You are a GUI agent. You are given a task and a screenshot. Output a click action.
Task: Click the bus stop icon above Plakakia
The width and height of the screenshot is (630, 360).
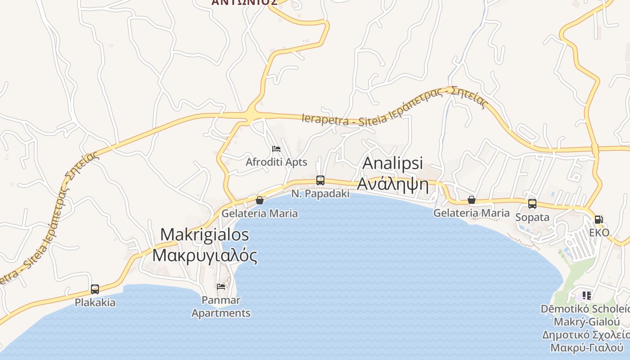tap(95, 289)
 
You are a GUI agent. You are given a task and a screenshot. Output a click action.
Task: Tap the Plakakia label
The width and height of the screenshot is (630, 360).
tap(95, 302)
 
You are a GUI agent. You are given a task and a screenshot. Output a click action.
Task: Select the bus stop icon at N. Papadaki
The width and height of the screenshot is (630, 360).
tap(320, 180)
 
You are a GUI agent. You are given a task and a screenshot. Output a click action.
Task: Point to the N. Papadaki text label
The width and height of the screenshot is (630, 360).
tap(320, 193)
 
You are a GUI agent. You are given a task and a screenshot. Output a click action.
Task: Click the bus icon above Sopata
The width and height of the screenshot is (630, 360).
tap(532, 204)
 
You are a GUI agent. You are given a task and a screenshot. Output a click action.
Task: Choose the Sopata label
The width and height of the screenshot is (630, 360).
tap(532, 217)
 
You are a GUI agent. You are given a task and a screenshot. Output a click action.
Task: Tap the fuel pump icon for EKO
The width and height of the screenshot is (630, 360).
tap(598, 220)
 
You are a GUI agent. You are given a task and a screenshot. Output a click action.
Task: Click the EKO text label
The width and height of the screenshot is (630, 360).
tap(599, 233)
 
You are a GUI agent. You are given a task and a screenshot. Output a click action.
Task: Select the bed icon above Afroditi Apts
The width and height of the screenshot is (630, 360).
tap(276, 149)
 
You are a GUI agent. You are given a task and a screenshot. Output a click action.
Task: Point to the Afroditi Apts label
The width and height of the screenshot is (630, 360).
tap(276, 162)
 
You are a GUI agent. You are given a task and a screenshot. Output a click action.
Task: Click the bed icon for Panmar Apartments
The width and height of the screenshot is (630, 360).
tap(221, 286)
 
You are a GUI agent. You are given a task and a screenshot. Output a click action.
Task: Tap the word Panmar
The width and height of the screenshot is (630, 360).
tap(221, 300)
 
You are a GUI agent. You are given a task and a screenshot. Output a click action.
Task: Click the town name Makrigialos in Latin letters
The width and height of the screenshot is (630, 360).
tap(205, 234)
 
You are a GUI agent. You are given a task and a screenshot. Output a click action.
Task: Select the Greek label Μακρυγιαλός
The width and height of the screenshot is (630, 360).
tap(205, 255)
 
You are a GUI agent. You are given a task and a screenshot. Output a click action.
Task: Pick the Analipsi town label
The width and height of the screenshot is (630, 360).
tap(393, 163)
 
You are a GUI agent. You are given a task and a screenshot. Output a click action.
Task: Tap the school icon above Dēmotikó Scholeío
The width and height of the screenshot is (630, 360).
tap(586, 296)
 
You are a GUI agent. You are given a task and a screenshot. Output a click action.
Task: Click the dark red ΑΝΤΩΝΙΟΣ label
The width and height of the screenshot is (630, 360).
tap(244, 2)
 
